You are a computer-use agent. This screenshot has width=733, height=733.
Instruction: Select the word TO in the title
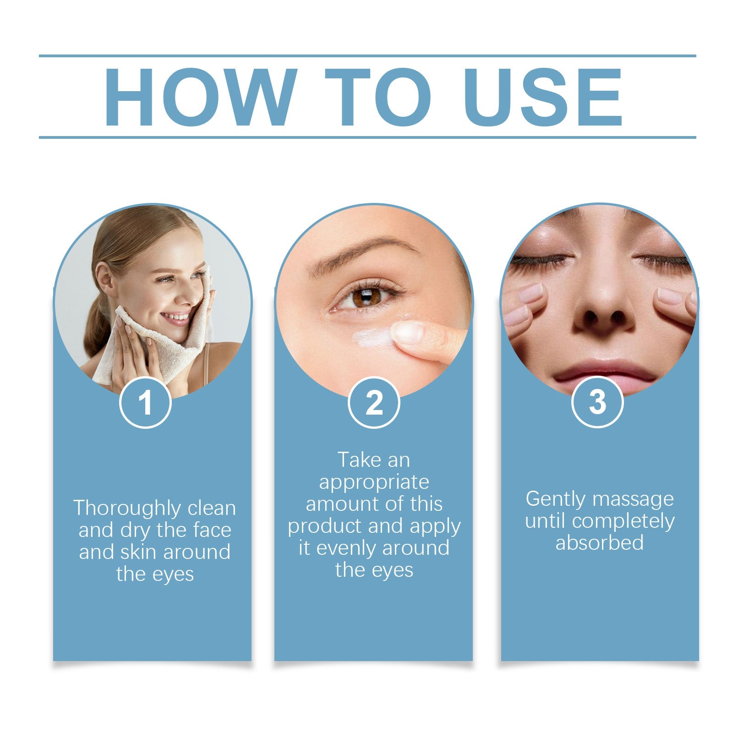377,97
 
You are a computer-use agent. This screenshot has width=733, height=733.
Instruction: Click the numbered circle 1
145,403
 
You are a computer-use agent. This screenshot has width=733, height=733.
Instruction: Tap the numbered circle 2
374,403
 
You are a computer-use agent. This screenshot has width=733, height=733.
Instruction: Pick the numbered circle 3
597,402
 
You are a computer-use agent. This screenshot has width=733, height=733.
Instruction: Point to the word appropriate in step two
374,482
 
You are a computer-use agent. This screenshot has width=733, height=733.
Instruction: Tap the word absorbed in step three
599,543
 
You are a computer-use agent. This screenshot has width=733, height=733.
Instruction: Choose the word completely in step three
623,521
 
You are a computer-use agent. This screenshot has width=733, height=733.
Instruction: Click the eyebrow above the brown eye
362,254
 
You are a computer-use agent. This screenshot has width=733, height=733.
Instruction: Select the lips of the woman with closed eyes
604,373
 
